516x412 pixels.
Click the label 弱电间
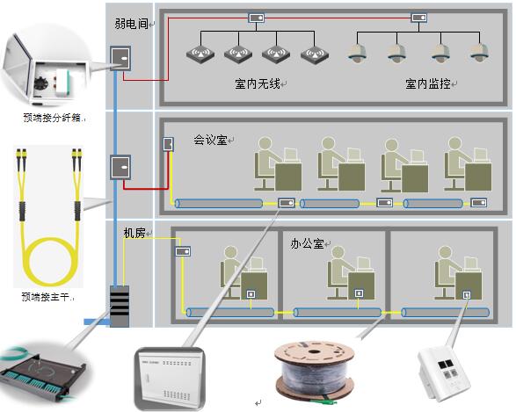tap(131, 24)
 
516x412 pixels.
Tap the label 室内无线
tap(258, 83)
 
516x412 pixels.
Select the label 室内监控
tap(428, 83)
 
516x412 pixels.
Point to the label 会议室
tap(210, 140)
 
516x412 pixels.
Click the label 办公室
tap(307, 243)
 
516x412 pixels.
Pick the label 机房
tap(134, 233)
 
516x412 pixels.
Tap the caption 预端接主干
tap(46, 297)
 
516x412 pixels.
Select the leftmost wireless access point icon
tap(200, 54)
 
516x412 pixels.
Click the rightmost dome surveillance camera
tap(479, 53)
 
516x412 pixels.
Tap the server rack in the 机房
tap(120, 306)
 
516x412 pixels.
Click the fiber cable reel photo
tap(315, 371)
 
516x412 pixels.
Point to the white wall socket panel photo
tap(444, 374)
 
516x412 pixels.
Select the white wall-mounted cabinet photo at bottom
tap(170, 379)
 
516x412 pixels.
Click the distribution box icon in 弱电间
tap(120, 59)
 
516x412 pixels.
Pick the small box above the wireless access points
tap(257, 18)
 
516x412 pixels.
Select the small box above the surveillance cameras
tap(419, 18)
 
